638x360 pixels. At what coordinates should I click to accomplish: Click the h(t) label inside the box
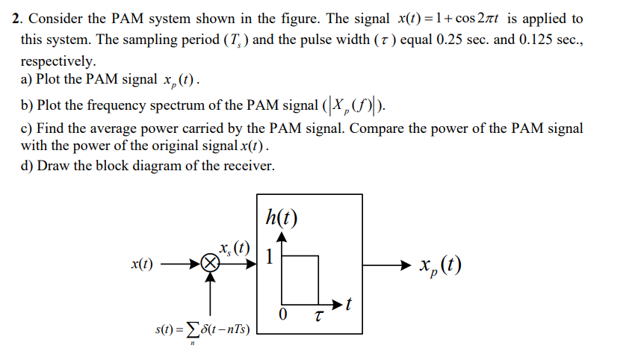(x=281, y=217)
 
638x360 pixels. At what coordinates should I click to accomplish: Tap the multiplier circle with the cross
(x=211, y=264)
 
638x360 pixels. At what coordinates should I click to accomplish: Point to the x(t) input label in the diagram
(x=142, y=264)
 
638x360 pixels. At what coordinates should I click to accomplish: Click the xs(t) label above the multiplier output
(x=234, y=247)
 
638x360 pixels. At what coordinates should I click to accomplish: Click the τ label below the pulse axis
(x=320, y=315)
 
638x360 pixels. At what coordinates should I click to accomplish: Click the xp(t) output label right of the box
(x=440, y=265)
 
